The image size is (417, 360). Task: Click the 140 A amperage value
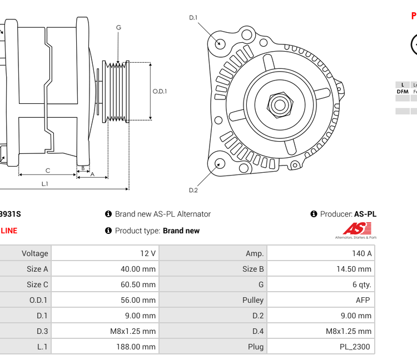(x=362, y=253)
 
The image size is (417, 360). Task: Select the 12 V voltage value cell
(x=148, y=253)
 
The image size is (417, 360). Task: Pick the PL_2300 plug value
(x=355, y=347)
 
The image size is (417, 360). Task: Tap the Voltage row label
(x=34, y=253)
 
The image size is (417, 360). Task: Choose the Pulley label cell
(x=253, y=300)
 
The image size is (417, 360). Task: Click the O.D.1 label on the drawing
(x=160, y=92)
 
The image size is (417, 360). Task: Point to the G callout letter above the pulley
(x=118, y=28)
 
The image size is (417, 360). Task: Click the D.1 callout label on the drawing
(x=193, y=18)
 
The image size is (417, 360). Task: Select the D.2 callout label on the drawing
(x=193, y=190)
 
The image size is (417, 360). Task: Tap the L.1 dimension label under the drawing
(x=44, y=184)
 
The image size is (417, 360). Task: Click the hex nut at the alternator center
(x=280, y=104)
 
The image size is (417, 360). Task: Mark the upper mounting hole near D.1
(x=220, y=43)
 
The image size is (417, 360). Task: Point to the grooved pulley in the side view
(x=117, y=91)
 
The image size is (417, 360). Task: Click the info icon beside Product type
(x=108, y=231)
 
